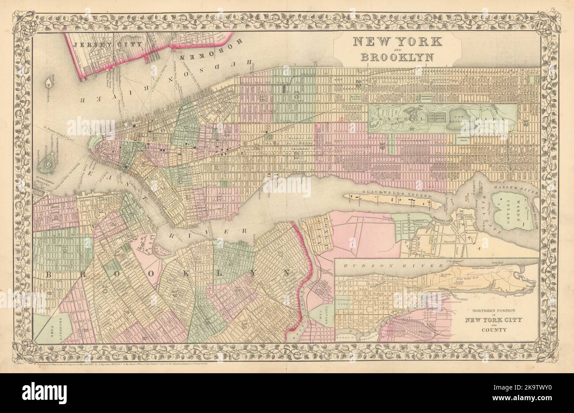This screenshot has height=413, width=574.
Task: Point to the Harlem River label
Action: pyautogui.click(x=521, y=191)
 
